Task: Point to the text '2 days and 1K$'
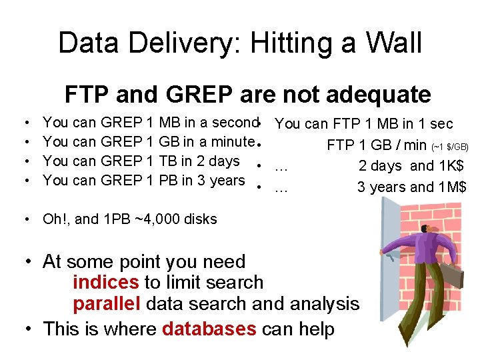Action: point(412,166)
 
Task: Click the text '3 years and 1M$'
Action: point(411,187)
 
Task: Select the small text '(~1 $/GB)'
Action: point(450,146)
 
